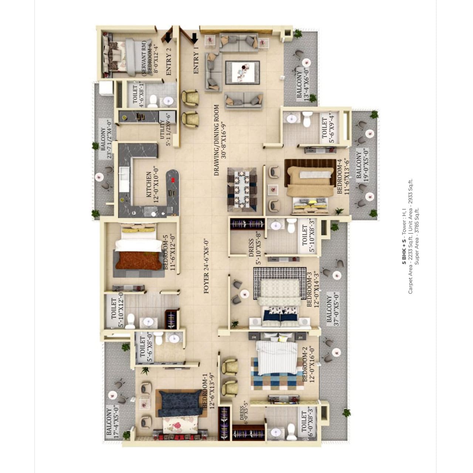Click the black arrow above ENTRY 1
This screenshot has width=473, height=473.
tap(194, 38)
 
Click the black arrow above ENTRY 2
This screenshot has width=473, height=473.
tap(168, 38)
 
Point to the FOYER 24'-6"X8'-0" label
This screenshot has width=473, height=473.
tap(207, 266)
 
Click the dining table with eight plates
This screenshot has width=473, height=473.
tap(242, 190)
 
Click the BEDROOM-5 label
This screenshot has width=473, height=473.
tap(166, 252)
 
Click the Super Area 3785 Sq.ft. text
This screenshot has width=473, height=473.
tap(417, 236)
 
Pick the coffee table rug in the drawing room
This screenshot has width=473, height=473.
tap(242, 73)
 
